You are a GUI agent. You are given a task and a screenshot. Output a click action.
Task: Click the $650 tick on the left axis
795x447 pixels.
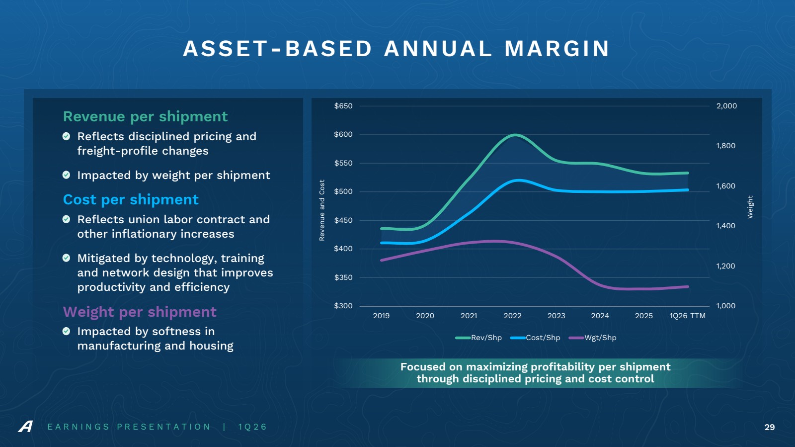pos(343,106)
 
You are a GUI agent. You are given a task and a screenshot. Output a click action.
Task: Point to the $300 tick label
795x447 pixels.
pos(343,306)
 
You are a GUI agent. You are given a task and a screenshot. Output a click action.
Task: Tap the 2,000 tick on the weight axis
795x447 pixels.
pos(726,106)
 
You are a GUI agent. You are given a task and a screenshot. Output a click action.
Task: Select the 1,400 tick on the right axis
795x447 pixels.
pos(726,225)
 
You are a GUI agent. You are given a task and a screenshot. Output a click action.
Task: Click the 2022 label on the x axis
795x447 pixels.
pos(512,316)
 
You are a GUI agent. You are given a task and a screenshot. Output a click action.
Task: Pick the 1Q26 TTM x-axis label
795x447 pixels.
pos(688,316)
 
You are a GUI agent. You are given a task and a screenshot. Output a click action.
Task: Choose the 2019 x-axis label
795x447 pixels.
pos(381,316)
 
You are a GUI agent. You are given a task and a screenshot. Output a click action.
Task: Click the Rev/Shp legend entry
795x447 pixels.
pos(478,338)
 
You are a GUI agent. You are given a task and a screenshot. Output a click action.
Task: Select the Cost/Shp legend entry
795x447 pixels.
pos(535,338)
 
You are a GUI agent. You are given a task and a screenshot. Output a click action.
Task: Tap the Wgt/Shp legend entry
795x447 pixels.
pos(593,338)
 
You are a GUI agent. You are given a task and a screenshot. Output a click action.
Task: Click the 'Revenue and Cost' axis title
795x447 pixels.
pos(322,210)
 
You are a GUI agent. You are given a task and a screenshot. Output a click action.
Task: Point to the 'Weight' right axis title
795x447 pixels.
pos(750,207)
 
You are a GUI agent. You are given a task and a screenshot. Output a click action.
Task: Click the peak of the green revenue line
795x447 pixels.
pos(515,135)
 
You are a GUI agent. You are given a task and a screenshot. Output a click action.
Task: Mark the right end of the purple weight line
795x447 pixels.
pos(688,286)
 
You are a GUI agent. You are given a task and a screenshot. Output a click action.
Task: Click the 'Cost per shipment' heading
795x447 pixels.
pos(131,199)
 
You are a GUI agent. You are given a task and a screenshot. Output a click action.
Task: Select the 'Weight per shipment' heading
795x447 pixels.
pos(140,312)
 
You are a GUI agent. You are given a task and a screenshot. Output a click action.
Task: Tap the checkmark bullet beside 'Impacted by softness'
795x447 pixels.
pos(67,331)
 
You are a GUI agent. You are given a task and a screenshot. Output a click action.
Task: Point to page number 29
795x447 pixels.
pos(770,427)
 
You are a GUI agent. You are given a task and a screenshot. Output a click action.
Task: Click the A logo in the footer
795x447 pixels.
pos(25,427)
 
